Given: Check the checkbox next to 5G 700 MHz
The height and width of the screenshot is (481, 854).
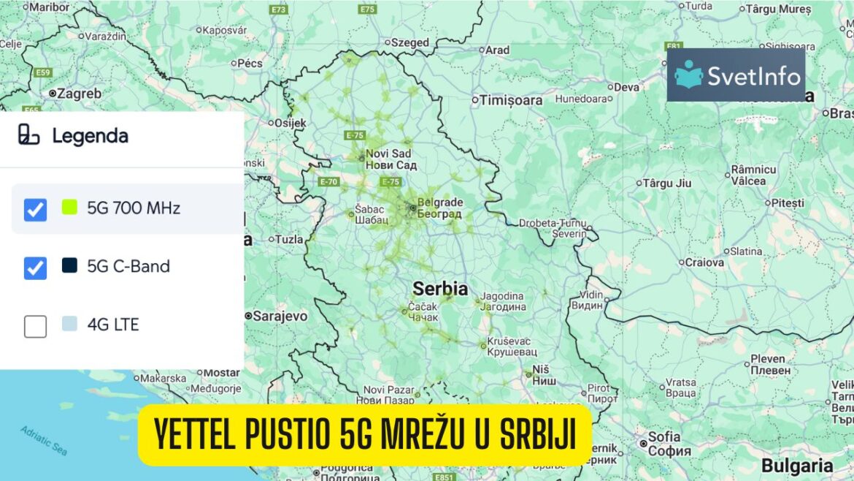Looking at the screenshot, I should click(35, 210).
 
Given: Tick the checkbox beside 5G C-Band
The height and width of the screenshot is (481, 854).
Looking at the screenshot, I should click(35, 268).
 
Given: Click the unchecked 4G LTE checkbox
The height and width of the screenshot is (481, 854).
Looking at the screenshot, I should click(35, 326).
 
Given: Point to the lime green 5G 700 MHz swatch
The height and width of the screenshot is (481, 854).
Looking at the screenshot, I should click(69, 208).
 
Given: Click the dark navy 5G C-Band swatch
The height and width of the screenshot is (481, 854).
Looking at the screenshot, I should click(69, 265).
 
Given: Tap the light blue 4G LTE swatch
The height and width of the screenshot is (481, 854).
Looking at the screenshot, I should click(69, 324).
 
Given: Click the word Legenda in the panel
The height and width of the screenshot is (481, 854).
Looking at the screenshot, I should click(90, 136).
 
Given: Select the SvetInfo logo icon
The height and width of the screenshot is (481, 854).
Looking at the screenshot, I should click(688, 75).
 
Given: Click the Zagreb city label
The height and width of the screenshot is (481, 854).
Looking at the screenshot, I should click(79, 94).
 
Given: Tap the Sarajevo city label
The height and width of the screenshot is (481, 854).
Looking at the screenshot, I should click(280, 316).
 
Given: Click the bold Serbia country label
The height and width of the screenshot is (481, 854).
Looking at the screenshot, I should click(440, 287).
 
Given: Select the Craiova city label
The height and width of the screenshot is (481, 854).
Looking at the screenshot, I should click(704, 262).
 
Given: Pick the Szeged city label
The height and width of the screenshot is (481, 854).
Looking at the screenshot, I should click(410, 42).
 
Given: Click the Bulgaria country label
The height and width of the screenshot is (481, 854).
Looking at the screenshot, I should click(797, 466).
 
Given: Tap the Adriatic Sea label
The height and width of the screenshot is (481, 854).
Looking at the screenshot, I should click(44, 440).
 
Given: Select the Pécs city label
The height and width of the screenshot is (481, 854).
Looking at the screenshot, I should click(250, 64).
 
